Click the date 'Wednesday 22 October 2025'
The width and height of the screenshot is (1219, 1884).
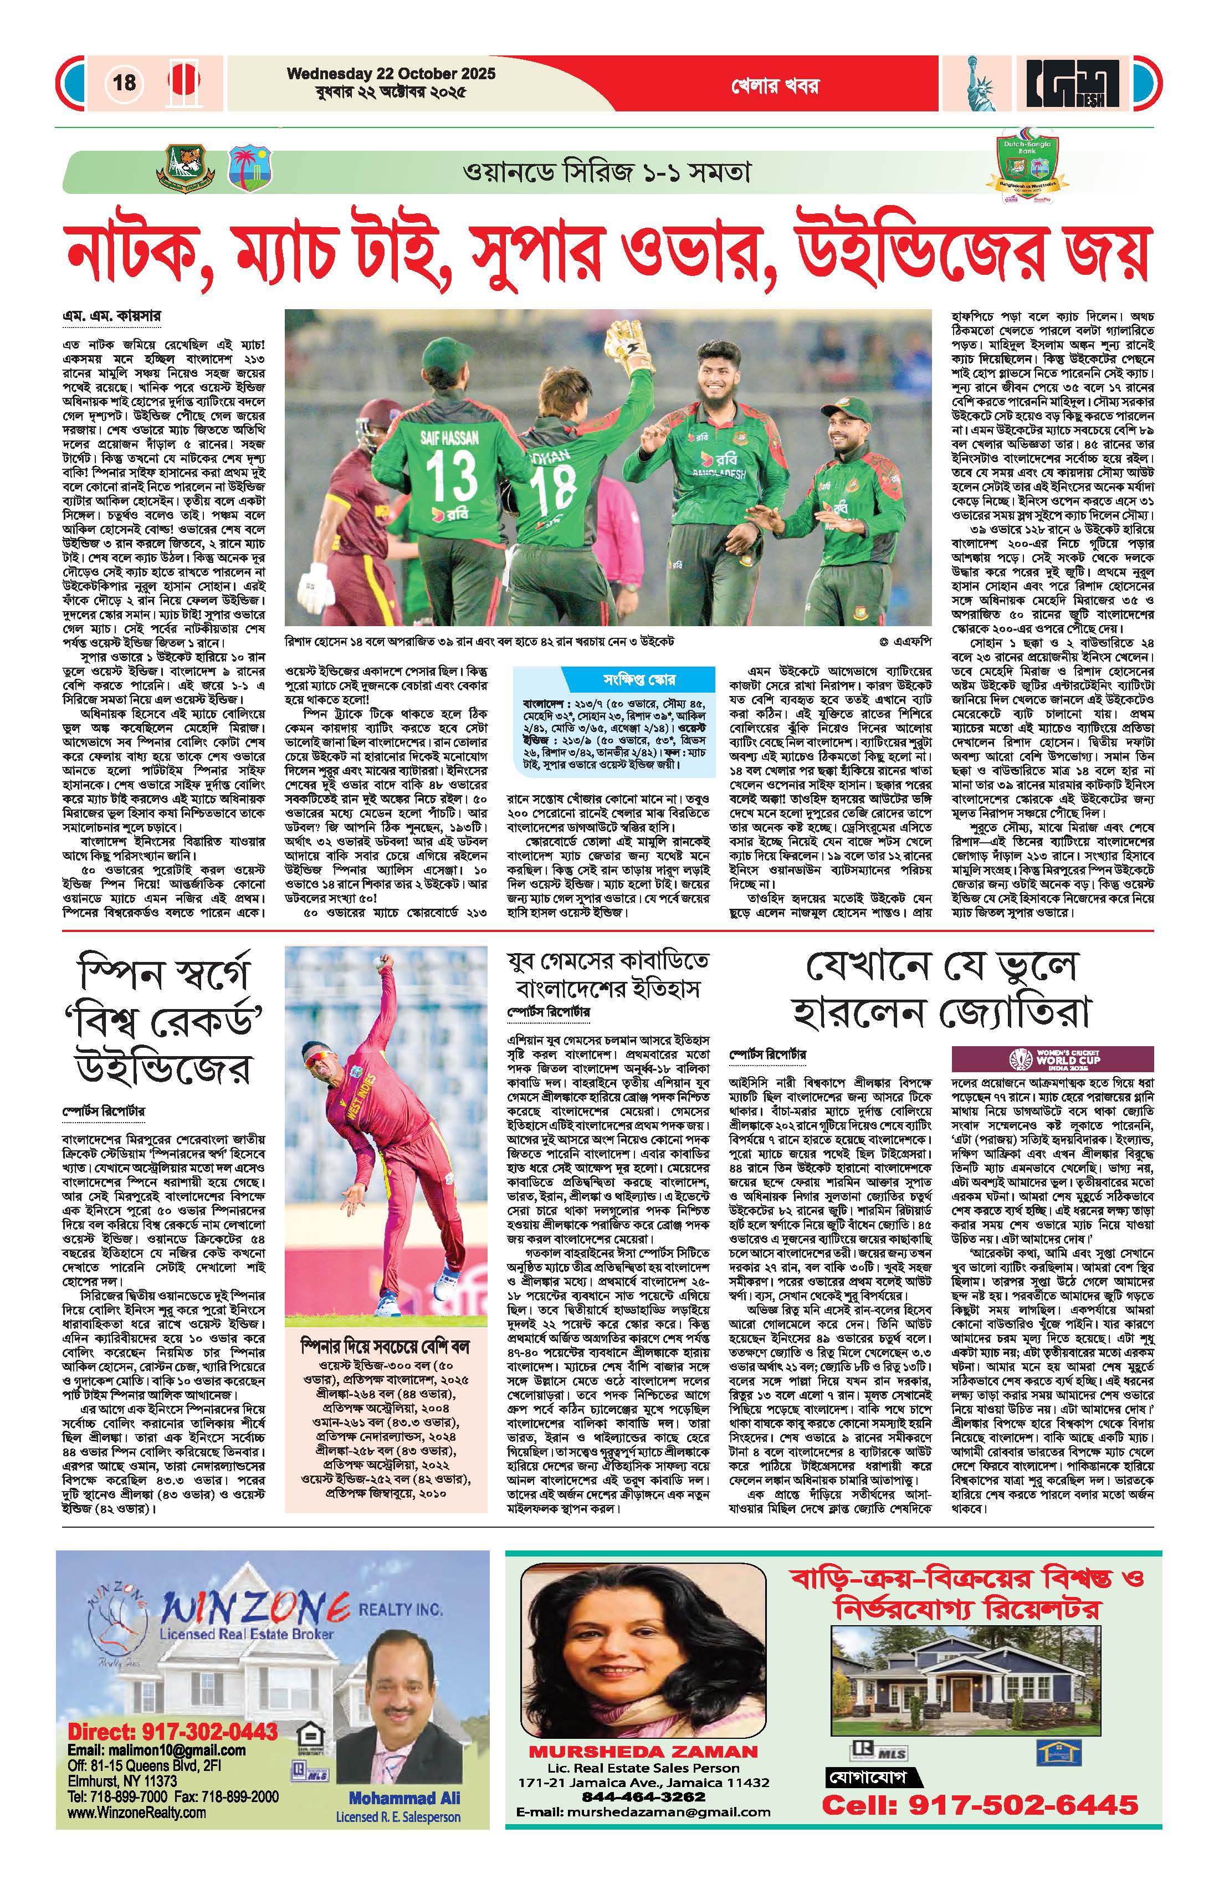[x=391, y=74]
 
